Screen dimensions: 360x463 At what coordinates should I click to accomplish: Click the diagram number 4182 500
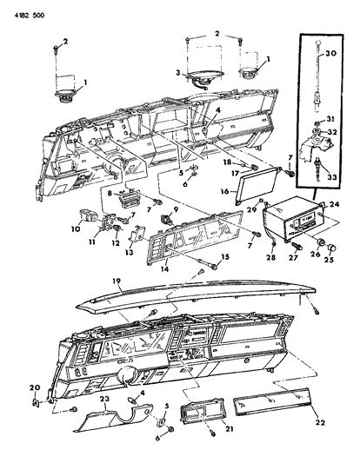click(x=30, y=15)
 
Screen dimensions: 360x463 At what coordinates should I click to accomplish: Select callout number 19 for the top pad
click(x=117, y=281)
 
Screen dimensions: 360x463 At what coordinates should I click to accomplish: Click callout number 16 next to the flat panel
click(x=225, y=191)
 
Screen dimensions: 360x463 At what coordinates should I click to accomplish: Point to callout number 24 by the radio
click(x=334, y=204)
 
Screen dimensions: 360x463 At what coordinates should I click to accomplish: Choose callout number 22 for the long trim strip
click(x=319, y=422)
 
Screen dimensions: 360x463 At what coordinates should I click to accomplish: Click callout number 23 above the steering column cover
click(x=104, y=399)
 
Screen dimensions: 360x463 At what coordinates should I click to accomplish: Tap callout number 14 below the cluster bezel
click(x=164, y=268)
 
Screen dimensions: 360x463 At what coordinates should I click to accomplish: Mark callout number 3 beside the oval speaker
click(x=177, y=72)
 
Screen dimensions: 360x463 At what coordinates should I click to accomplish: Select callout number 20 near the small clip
click(x=36, y=387)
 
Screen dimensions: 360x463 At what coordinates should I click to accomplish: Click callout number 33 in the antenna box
click(x=331, y=177)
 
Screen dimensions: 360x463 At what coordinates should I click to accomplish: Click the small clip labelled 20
click(x=36, y=402)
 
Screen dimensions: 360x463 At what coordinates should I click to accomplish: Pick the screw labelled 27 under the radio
click(x=297, y=246)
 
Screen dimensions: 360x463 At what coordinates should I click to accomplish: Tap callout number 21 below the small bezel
click(x=228, y=428)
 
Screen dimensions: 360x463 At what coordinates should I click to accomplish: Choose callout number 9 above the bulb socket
click(x=176, y=209)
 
